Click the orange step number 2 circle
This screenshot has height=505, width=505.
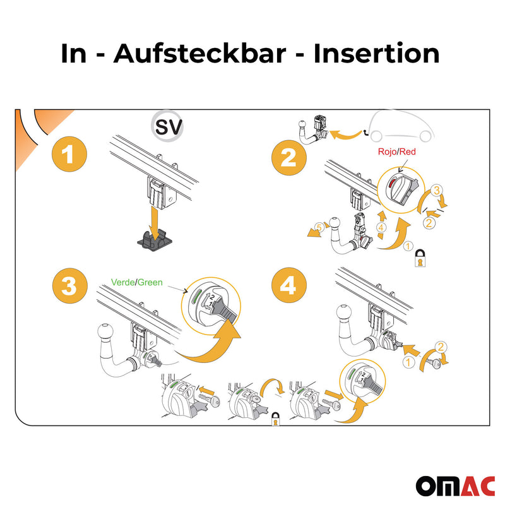288,157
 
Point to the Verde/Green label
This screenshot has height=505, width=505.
136,283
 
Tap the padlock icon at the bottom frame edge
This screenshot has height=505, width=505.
276,420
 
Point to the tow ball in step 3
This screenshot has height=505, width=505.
105,333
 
